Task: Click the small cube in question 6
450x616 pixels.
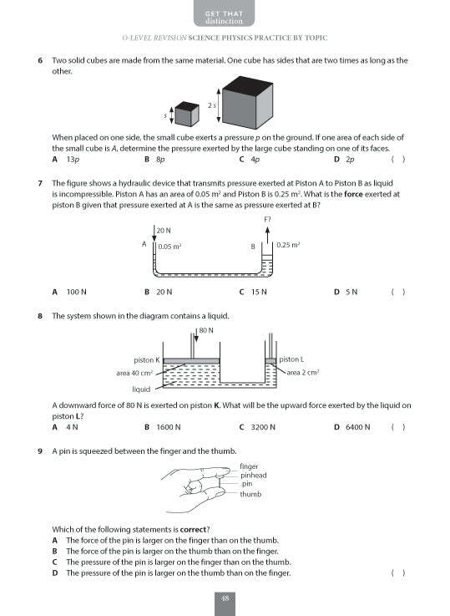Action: click(186, 113)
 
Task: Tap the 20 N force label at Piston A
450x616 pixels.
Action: click(163, 230)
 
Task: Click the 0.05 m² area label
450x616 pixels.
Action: click(170, 247)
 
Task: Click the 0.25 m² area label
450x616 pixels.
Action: click(287, 246)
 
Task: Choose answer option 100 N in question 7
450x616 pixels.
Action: click(77, 292)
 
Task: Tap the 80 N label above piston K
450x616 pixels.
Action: click(206, 330)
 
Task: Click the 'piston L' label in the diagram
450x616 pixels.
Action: click(293, 359)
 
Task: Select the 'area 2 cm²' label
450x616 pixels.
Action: click(303, 373)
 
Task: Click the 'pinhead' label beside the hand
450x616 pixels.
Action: click(253, 475)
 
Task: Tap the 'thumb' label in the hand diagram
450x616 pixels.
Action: click(250, 494)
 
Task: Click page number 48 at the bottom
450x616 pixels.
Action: click(225, 598)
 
